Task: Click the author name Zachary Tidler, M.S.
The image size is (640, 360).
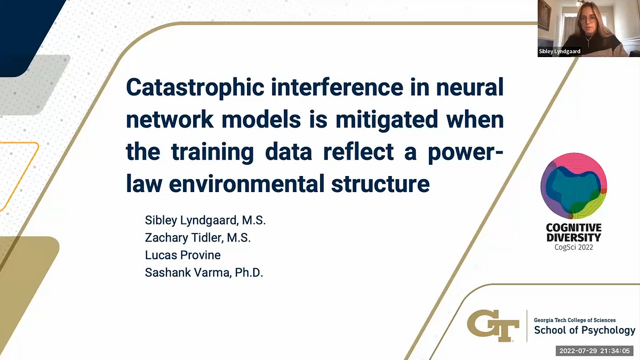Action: coord(198,237)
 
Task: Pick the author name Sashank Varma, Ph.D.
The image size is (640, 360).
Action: coord(204,273)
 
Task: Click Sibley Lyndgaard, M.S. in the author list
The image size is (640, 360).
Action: coord(205,220)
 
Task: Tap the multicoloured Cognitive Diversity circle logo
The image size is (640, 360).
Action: coord(574,185)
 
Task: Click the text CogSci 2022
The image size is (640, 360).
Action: coord(574,247)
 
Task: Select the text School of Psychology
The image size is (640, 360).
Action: coord(585,331)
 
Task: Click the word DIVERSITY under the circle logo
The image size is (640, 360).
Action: coord(574,237)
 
